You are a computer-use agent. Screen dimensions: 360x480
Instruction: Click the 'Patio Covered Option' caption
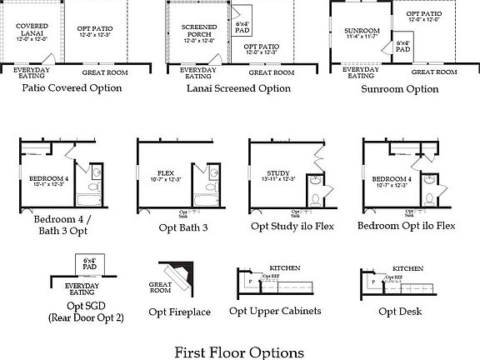72,87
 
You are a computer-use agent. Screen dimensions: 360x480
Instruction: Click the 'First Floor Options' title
239,352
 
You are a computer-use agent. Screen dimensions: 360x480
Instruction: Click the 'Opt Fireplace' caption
179,312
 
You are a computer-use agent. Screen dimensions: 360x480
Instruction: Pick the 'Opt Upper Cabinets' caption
275,312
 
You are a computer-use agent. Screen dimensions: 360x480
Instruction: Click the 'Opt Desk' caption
398,312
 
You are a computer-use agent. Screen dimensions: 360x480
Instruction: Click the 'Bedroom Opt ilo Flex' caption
405,226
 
